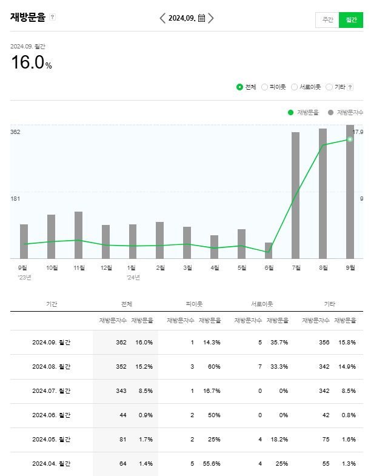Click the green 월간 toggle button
[351, 19]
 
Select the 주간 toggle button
[327, 19]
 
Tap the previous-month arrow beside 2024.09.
[162, 18]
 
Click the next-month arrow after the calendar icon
[211, 18]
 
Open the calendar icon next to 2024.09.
[201, 18]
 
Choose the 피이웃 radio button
[264, 87]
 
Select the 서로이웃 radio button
[294, 87]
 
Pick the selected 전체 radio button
[239, 87]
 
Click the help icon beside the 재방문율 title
[53, 17]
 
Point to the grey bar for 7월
[295, 195]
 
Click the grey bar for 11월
[79, 235]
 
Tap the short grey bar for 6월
[269, 250]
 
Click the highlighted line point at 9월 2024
[350, 139]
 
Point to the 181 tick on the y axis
[15, 198]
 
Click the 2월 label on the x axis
[160, 267]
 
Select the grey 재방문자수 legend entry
[346, 112]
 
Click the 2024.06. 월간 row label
[51, 415]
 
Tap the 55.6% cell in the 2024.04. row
[212, 464]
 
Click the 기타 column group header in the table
[329, 304]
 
